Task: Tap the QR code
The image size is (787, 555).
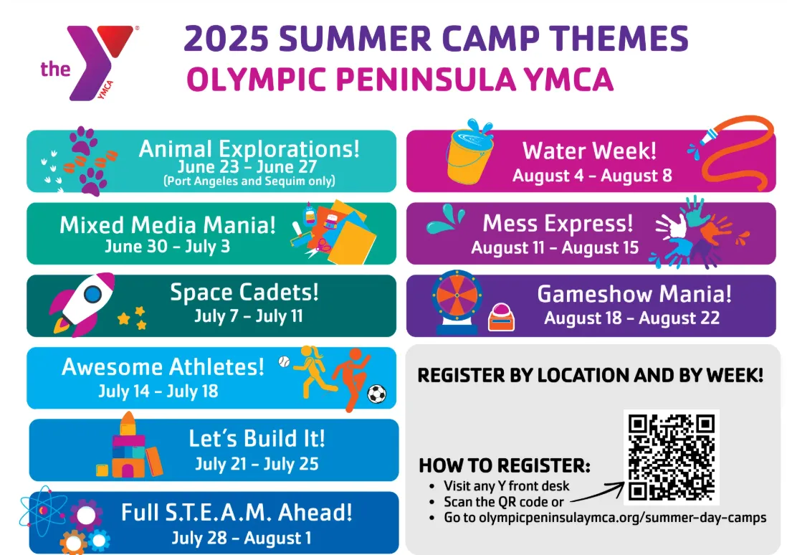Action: [x=672, y=457]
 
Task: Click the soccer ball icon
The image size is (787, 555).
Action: [x=377, y=394]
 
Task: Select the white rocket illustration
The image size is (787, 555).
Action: [x=83, y=303]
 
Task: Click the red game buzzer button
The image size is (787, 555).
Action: [x=502, y=318]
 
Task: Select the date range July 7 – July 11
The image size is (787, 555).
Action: [x=249, y=316]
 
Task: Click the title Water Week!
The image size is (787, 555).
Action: [x=589, y=151]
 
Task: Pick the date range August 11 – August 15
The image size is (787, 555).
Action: [x=555, y=247]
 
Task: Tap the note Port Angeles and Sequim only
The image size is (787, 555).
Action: [x=249, y=181]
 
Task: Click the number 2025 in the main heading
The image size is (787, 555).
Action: [x=226, y=39]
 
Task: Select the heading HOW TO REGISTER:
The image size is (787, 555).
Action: [x=505, y=465]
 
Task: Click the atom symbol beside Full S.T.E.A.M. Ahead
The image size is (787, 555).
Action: [x=43, y=511]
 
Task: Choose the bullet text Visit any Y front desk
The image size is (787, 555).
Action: [x=507, y=485]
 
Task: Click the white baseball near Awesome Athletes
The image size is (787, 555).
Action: [x=284, y=361]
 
